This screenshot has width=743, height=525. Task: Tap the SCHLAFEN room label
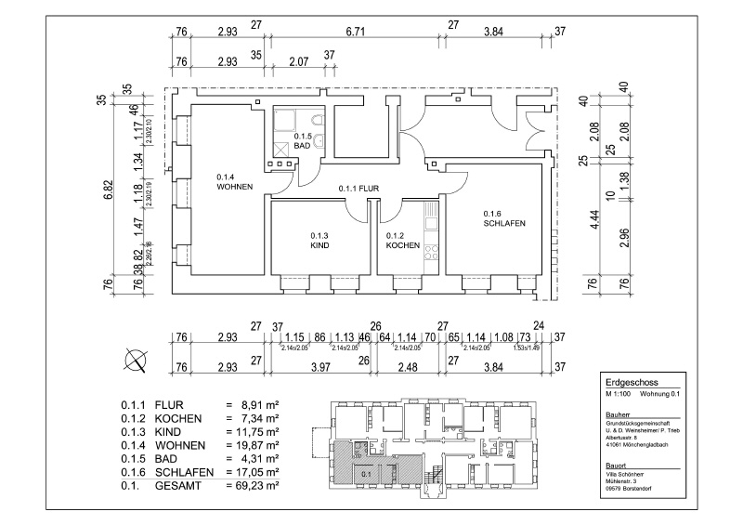505,224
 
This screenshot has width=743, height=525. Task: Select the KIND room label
320,247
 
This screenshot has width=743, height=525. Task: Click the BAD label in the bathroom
302,146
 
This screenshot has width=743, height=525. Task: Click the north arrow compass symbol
136,358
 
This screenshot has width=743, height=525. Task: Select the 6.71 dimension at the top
355,32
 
